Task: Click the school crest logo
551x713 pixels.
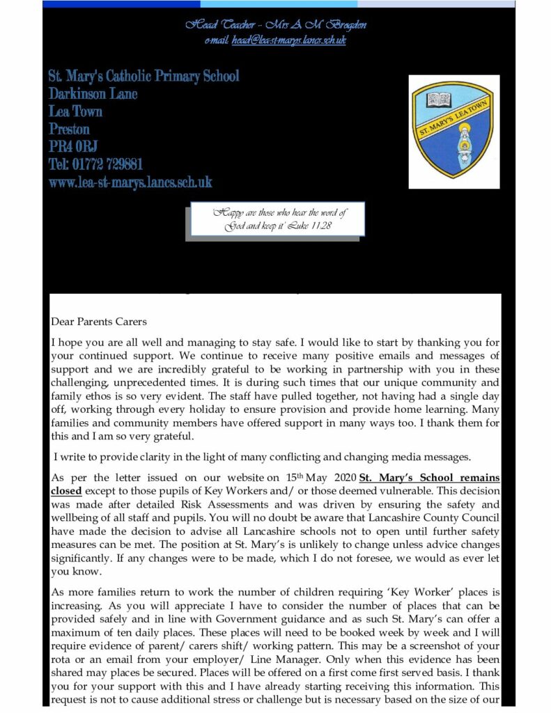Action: point(453,132)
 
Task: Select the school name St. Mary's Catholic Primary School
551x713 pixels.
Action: point(144,76)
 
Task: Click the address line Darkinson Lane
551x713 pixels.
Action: point(93,94)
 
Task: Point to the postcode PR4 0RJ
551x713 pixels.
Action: point(73,147)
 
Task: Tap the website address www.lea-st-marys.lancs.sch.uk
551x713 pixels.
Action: point(130,183)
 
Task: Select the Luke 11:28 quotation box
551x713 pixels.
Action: point(278,220)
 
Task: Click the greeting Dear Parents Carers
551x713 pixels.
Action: point(99,322)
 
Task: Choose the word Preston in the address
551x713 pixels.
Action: point(70,130)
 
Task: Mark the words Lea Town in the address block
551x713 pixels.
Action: point(76,111)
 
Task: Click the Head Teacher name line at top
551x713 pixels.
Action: point(276,25)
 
